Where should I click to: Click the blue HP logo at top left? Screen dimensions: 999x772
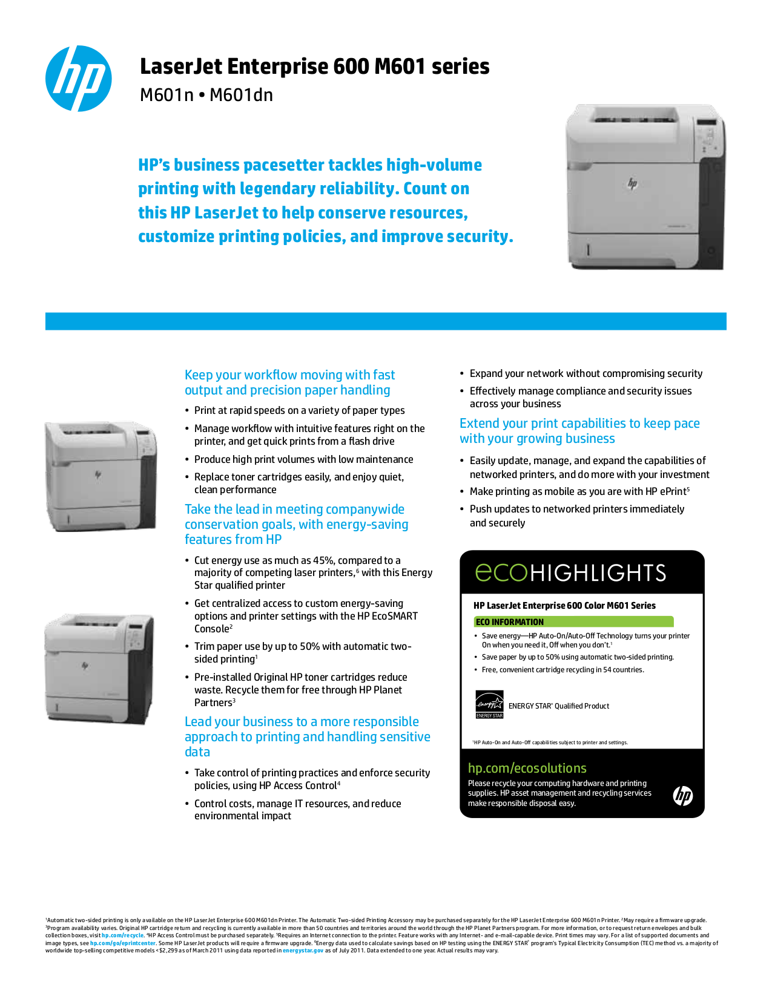click(x=79, y=79)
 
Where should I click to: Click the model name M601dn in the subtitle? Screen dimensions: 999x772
click(x=241, y=96)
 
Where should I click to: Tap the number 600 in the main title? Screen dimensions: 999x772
click(x=351, y=67)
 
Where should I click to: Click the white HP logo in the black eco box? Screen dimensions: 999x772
click(x=683, y=796)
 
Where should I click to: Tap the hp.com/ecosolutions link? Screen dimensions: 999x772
click(x=527, y=768)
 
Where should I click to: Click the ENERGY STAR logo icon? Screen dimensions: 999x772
click(x=489, y=705)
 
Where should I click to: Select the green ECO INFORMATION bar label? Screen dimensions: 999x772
click(x=510, y=622)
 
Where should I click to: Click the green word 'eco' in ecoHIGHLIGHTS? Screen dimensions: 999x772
click(x=501, y=572)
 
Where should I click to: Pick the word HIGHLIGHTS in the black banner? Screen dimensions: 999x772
click(x=598, y=573)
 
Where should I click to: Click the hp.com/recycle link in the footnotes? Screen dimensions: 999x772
click(x=123, y=935)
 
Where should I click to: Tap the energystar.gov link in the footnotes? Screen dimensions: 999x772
click(x=303, y=951)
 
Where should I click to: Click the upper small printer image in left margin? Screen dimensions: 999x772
click(x=101, y=477)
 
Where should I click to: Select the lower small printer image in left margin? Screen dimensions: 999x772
click(x=99, y=669)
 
